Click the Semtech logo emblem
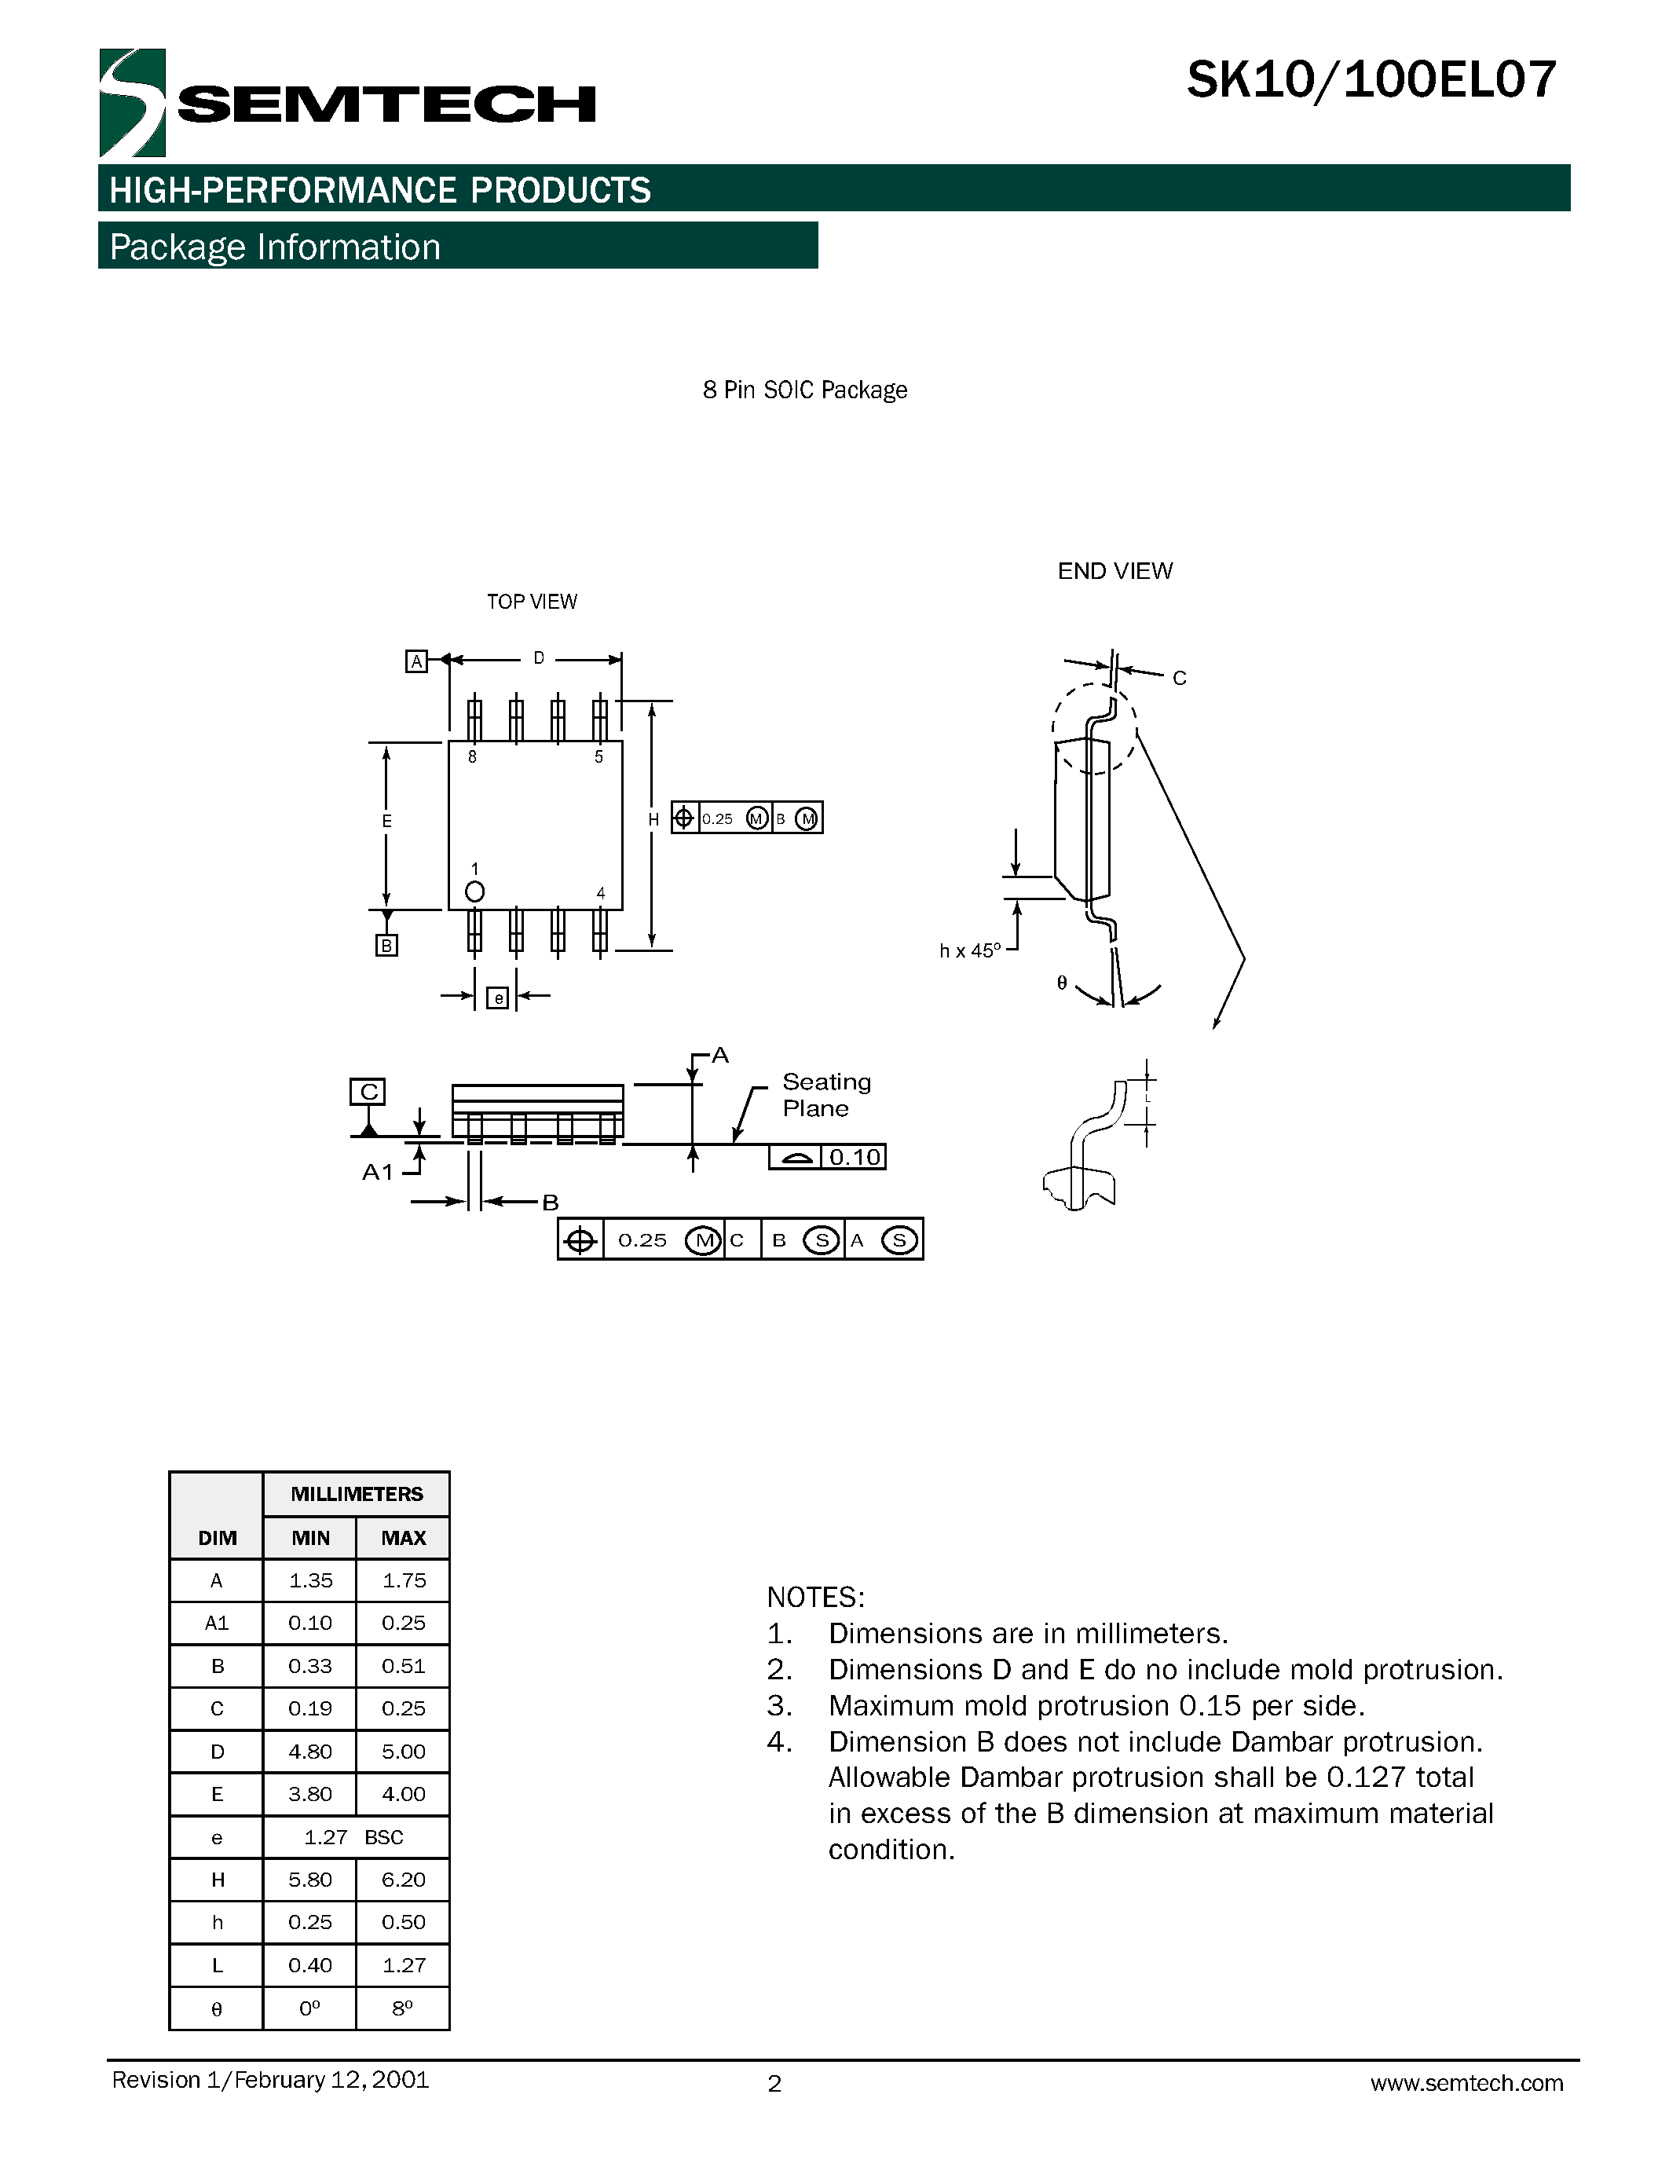coord(131,103)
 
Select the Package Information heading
coord(275,247)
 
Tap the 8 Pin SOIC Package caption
coord(803,390)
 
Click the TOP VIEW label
coord(531,602)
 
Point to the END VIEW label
coord(1114,571)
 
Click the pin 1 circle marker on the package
coord(474,892)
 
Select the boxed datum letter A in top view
coord(416,661)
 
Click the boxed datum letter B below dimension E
coord(386,946)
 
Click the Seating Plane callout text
coord(825,1095)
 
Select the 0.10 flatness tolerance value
coord(855,1157)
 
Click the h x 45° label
coord(969,950)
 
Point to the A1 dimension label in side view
coord(378,1172)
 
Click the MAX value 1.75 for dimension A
coord(404,1580)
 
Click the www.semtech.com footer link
coord(1466,2083)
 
